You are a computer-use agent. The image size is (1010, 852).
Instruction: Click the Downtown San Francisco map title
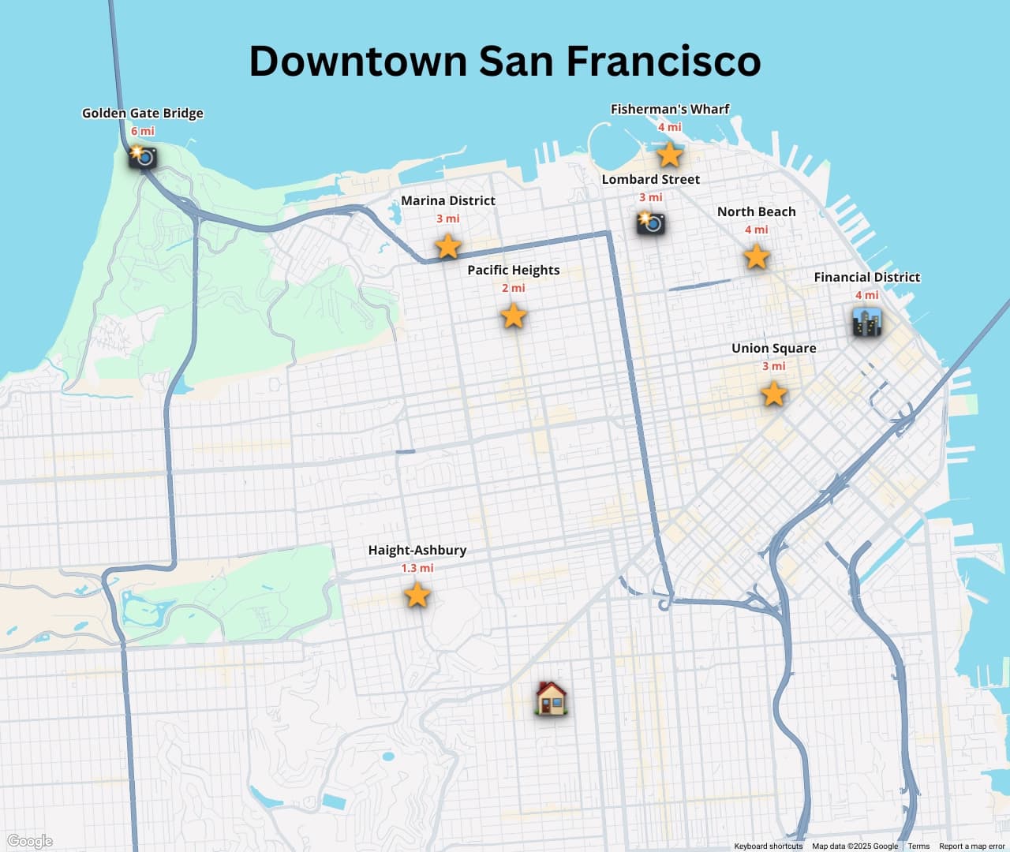505,61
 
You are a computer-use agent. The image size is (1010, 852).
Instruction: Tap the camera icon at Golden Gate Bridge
143,156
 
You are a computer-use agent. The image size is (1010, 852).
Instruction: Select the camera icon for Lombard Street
650,222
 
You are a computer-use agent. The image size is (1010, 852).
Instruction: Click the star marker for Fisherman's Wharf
669,155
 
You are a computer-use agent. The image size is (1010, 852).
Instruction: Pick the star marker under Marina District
447,246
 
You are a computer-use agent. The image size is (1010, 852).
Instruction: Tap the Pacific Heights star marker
513,316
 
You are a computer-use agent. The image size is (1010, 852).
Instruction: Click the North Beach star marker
756,256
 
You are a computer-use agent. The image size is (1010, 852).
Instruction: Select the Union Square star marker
773,393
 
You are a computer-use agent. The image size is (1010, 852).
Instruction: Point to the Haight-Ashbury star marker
417,595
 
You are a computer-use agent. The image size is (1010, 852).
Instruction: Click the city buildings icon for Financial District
866,323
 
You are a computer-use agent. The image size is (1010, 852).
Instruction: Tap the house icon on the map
551,698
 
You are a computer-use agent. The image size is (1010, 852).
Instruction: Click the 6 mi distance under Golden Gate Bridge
143,131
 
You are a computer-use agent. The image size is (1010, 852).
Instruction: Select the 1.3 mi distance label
417,568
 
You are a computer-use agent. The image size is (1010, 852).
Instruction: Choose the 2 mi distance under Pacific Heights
513,288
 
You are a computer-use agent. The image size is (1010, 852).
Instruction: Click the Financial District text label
866,277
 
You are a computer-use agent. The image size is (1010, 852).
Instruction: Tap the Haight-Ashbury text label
417,550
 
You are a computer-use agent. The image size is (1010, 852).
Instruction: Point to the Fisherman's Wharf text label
669,109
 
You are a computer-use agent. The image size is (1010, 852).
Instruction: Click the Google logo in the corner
30,841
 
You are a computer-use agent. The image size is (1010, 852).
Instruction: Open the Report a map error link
972,846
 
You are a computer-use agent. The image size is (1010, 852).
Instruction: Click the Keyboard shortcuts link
768,846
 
